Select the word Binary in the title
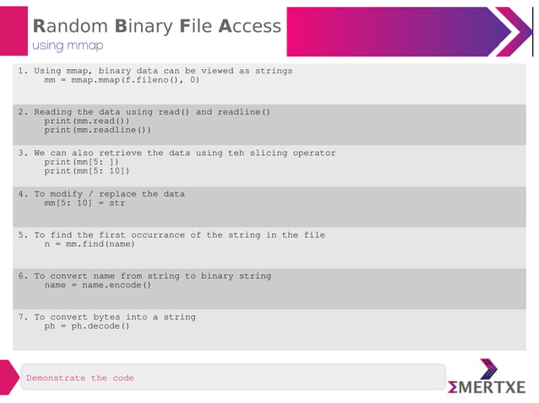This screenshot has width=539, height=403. (x=143, y=26)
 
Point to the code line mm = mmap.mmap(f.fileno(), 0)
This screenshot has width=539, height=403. (x=122, y=81)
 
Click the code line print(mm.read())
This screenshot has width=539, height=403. (x=87, y=121)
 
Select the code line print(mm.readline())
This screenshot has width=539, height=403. (x=98, y=131)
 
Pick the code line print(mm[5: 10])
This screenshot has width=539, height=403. (x=87, y=171)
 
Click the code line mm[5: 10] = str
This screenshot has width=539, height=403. (x=84, y=203)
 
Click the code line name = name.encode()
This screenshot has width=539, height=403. (x=98, y=285)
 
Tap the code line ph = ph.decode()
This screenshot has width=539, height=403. (x=87, y=326)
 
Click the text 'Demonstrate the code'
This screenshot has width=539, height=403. (x=80, y=379)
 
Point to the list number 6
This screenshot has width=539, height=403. (x=21, y=277)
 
